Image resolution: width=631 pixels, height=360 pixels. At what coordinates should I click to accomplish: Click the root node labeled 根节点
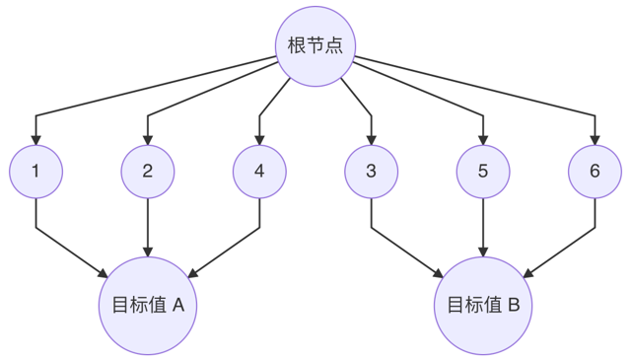point(315,46)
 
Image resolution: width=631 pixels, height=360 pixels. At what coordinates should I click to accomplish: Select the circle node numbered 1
point(36,172)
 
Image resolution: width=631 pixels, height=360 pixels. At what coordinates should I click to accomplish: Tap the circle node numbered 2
point(148,172)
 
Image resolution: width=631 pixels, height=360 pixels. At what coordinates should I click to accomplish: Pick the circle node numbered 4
point(259,172)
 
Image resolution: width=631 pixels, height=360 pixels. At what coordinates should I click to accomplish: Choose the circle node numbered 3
point(372,172)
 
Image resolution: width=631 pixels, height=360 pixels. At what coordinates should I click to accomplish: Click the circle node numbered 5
point(483,172)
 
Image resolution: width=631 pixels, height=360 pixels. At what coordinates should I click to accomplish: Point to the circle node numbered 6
point(595,172)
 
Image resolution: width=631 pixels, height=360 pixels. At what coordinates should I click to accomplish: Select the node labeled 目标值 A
point(148,306)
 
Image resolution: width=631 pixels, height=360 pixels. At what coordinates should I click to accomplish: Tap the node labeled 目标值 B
point(483,306)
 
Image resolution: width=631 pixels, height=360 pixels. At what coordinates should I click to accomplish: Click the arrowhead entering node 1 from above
point(36,140)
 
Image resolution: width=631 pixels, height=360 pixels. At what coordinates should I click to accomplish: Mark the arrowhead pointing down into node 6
point(595,140)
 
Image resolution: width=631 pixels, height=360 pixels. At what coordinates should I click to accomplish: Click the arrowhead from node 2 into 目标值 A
point(148,252)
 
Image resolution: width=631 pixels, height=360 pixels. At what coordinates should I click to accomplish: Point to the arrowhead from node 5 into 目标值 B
point(483,252)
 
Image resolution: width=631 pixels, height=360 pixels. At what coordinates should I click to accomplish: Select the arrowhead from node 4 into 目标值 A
point(193,273)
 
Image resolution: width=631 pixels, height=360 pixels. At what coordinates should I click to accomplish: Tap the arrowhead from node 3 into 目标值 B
point(438,273)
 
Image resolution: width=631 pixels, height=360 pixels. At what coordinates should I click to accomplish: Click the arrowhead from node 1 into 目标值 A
point(103,273)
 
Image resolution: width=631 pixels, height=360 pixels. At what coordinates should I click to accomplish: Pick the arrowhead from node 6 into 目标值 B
point(528,273)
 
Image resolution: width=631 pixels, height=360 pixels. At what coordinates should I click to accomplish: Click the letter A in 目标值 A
point(178,305)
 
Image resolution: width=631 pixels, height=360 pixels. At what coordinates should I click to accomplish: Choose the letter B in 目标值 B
point(514,305)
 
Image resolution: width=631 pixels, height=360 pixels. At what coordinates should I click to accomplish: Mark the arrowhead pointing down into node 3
point(372,140)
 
